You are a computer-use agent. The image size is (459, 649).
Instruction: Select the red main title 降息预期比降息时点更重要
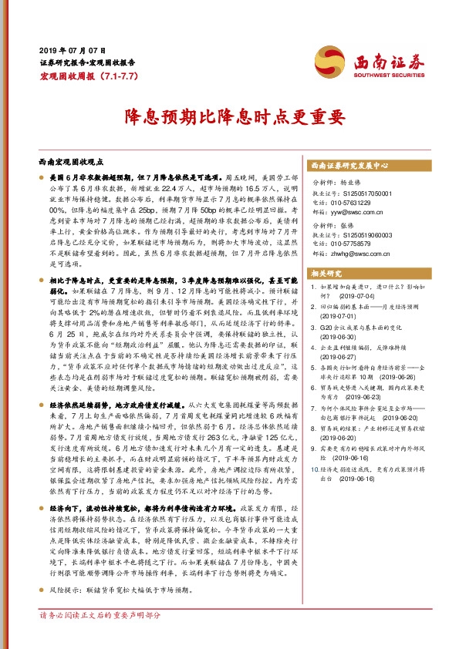point(228,117)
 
